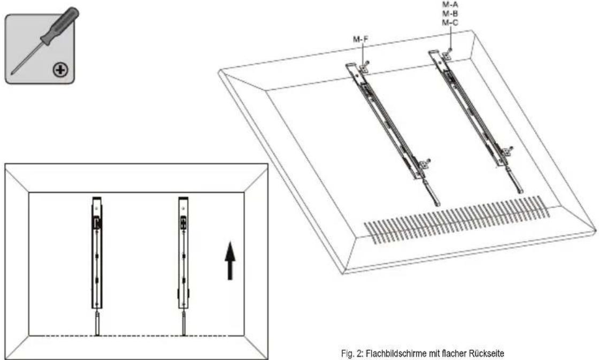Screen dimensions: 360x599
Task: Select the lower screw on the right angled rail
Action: pyautogui.click(x=510, y=149)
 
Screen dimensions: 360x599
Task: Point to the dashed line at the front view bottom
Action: pyautogui.click(x=139, y=336)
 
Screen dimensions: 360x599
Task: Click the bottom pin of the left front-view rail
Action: pyautogui.click(x=97, y=324)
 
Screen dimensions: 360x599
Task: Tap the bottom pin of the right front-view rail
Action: pyautogui.click(x=183, y=324)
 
